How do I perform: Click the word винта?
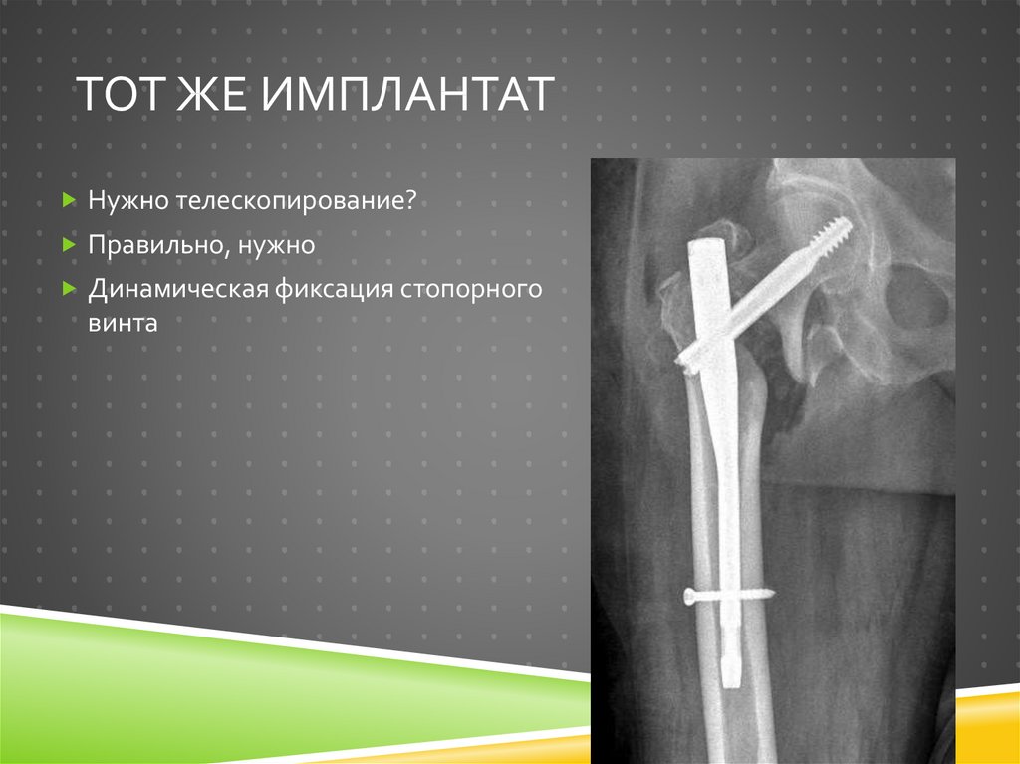(x=123, y=323)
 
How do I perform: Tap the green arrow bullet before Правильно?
(x=68, y=243)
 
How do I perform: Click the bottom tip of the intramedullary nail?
(x=732, y=684)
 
